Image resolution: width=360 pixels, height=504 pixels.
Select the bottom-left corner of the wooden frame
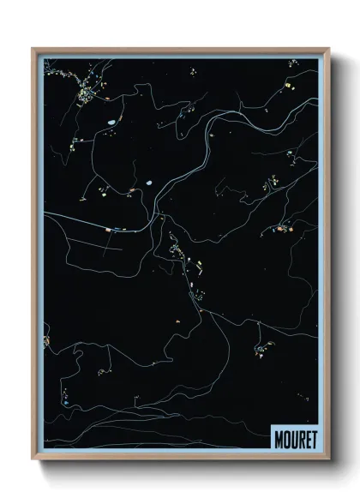pos(33,460)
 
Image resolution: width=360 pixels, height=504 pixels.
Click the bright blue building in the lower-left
pos(65,399)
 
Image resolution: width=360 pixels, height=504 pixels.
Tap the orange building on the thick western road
pos(108,230)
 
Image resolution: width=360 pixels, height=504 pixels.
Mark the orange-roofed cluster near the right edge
pos(282,228)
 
